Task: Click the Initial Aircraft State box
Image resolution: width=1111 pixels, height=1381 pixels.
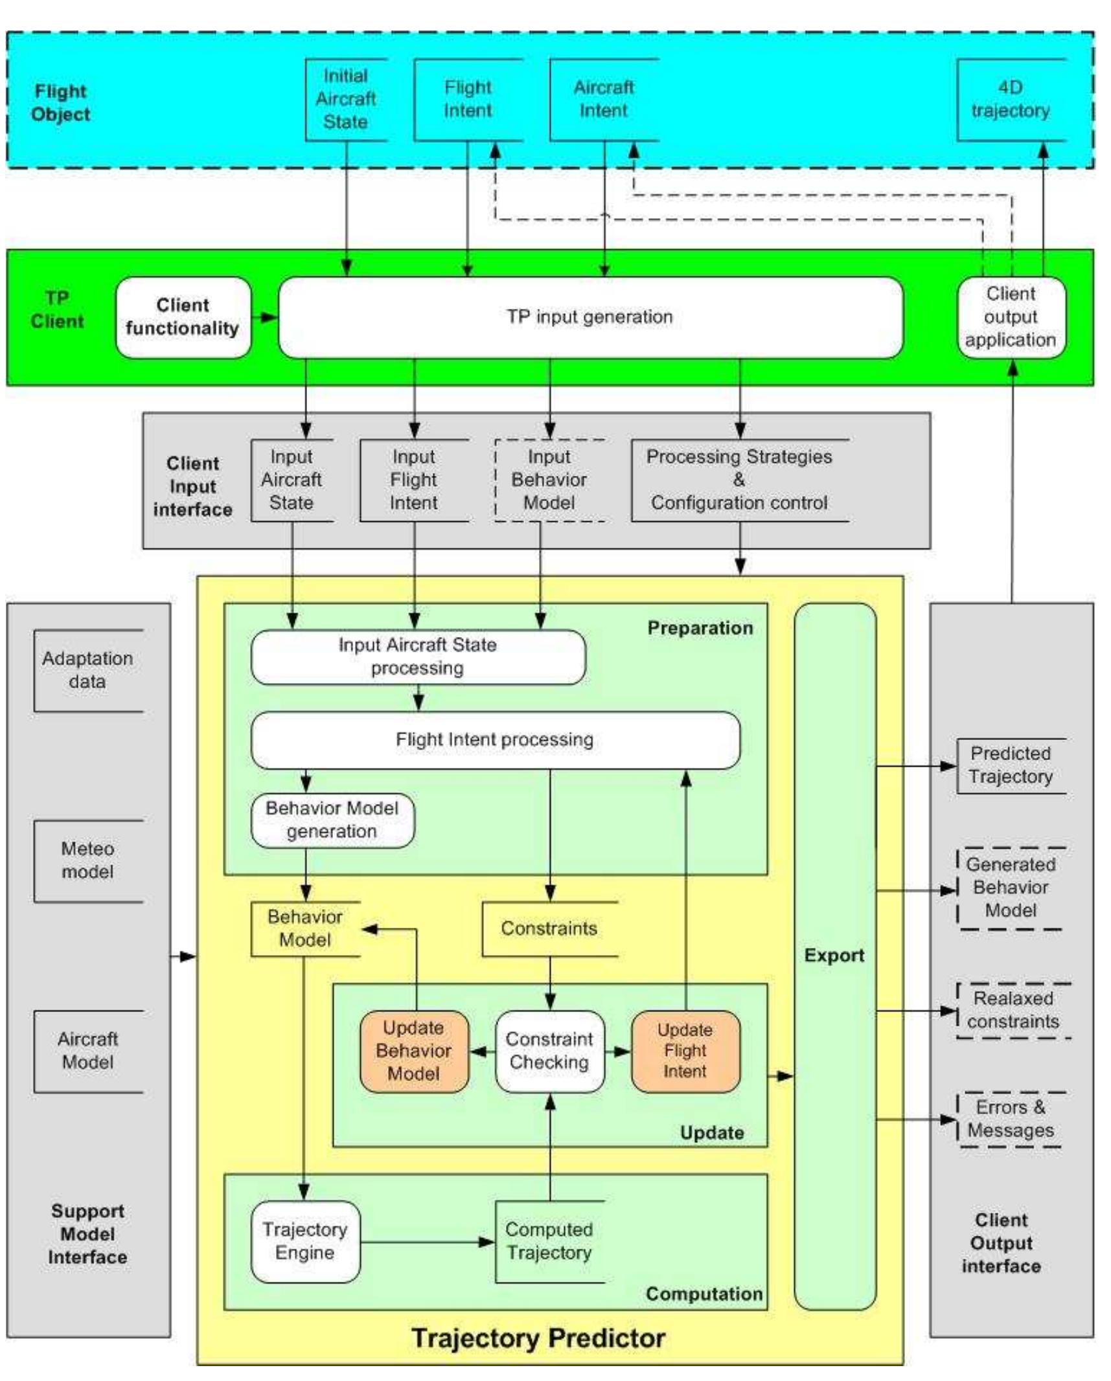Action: coord(345,99)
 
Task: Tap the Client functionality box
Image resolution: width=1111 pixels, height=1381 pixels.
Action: coord(183,317)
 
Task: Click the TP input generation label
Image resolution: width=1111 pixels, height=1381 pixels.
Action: coord(589,317)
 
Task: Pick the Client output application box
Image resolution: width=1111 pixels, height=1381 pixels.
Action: coord(1010,317)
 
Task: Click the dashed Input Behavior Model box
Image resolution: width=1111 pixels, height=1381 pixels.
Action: coord(549,480)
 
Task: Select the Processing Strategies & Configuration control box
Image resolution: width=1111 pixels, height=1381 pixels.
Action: coord(739,480)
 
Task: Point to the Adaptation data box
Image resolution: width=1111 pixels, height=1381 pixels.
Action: coord(87,670)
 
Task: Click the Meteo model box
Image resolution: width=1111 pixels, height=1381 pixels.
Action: coord(87,860)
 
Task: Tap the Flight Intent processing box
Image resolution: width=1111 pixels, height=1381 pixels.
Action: coord(494,739)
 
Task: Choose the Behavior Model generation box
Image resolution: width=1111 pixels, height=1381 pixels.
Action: coord(332,820)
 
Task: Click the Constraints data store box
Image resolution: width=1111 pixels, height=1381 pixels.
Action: coord(549,928)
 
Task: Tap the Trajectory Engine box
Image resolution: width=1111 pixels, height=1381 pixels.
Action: coord(304,1241)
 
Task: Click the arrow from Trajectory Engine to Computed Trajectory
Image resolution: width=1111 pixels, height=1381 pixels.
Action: coord(428,1241)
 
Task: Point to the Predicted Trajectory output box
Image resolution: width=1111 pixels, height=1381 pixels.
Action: coord(1010,765)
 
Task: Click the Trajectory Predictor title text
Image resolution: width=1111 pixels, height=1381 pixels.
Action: coord(538,1338)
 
